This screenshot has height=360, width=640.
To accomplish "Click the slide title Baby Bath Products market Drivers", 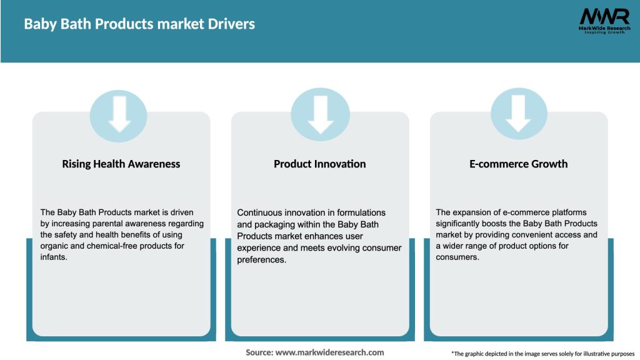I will (x=139, y=24).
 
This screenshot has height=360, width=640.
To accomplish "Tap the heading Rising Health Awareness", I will (x=121, y=164).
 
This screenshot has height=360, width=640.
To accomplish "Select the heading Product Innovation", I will (x=319, y=164).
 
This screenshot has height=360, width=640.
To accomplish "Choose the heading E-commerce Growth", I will (x=518, y=164).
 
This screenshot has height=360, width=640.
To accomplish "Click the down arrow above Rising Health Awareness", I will (x=119, y=114).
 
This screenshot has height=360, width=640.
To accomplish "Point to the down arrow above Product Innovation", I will (x=320, y=114).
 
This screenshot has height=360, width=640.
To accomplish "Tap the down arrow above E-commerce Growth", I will (x=518, y=114).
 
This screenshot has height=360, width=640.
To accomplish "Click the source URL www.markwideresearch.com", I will (x=329, y=352).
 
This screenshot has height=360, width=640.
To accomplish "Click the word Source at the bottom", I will (x=259, y=352).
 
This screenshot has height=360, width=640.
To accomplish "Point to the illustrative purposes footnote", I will (x=542, y=354).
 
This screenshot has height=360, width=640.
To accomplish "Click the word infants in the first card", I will (x=53, y=257).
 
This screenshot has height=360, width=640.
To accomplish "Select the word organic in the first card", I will (x=55, y=246).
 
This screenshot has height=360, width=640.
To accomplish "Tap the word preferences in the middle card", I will (x=261, y=259).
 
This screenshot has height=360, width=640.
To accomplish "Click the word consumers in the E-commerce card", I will (x=457, y=257).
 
